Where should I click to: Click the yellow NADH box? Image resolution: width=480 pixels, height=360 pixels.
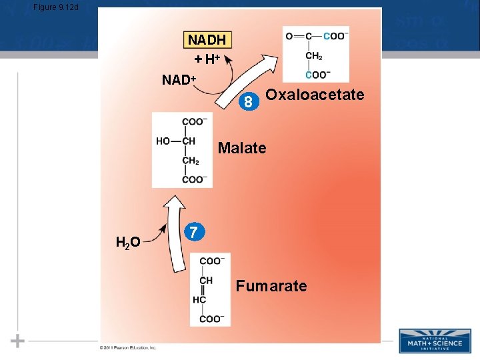click(x=207, y=39)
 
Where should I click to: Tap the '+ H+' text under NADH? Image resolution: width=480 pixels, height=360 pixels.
click(x=207, y=59)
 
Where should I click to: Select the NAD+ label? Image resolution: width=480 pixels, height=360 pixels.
click(x=179, y=81)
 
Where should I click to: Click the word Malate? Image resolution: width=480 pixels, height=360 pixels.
click(x=242, y=148)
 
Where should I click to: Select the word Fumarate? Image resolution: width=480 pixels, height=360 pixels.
click(x=271, y=287)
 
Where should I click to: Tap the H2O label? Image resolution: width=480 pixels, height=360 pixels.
click(x=127, y=242)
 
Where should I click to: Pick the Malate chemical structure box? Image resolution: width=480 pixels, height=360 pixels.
click(x=182, y=150)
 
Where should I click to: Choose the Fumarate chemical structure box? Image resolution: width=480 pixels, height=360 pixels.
click(x=210, y=289)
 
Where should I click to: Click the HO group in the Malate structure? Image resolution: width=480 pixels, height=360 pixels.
click(x=163, y=141)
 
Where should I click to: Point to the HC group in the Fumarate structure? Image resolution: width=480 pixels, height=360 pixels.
click(x=199, y=299)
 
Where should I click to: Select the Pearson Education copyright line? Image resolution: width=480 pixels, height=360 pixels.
click(x=128, y=347)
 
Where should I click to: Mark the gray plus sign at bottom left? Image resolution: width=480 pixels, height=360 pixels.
click(x=18, y=341)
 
